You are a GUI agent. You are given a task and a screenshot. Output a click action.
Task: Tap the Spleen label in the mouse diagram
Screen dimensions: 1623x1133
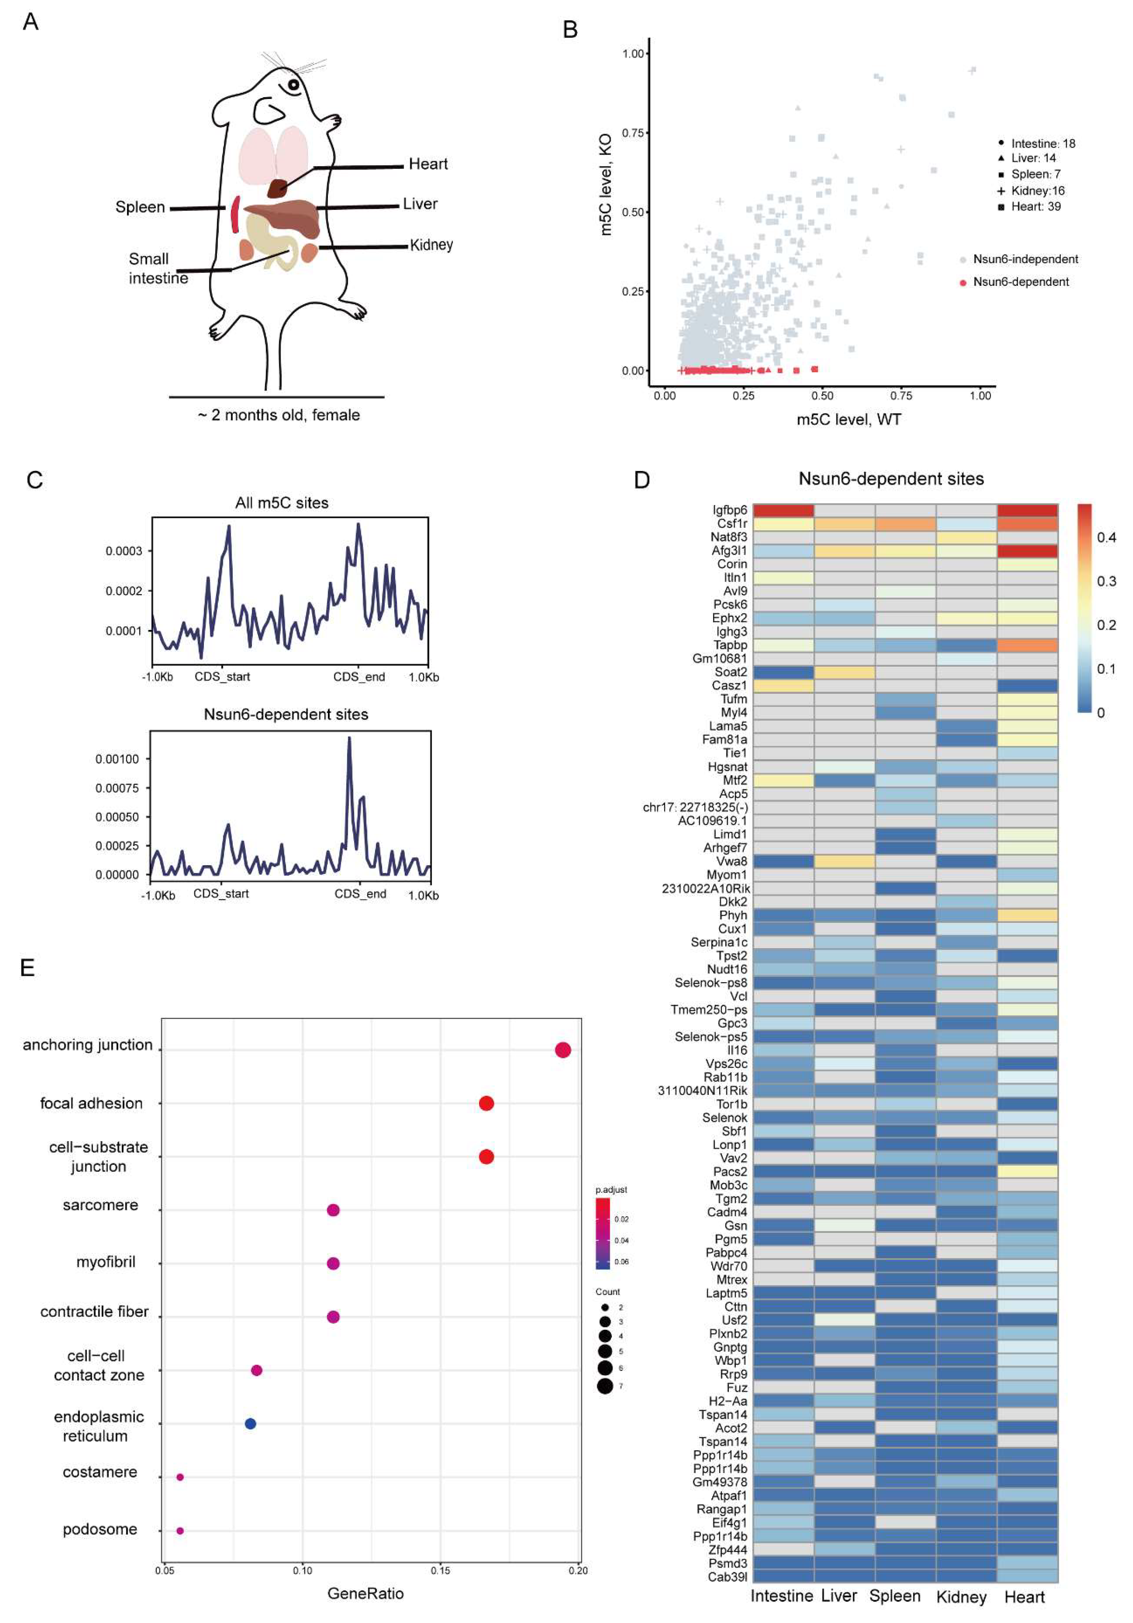coord(140,207)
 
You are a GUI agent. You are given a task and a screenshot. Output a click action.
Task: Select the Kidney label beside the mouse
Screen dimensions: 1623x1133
coord(431,244)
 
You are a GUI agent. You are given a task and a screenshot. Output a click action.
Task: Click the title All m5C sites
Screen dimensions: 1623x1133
coord(281,502)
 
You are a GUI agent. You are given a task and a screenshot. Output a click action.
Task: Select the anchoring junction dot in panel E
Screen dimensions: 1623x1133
coord(563,1050)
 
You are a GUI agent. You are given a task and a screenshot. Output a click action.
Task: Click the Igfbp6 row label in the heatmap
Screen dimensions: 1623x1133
coord(729,510)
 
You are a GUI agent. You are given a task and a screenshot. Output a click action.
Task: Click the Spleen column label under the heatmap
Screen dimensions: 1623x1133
coord(895,1596)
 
